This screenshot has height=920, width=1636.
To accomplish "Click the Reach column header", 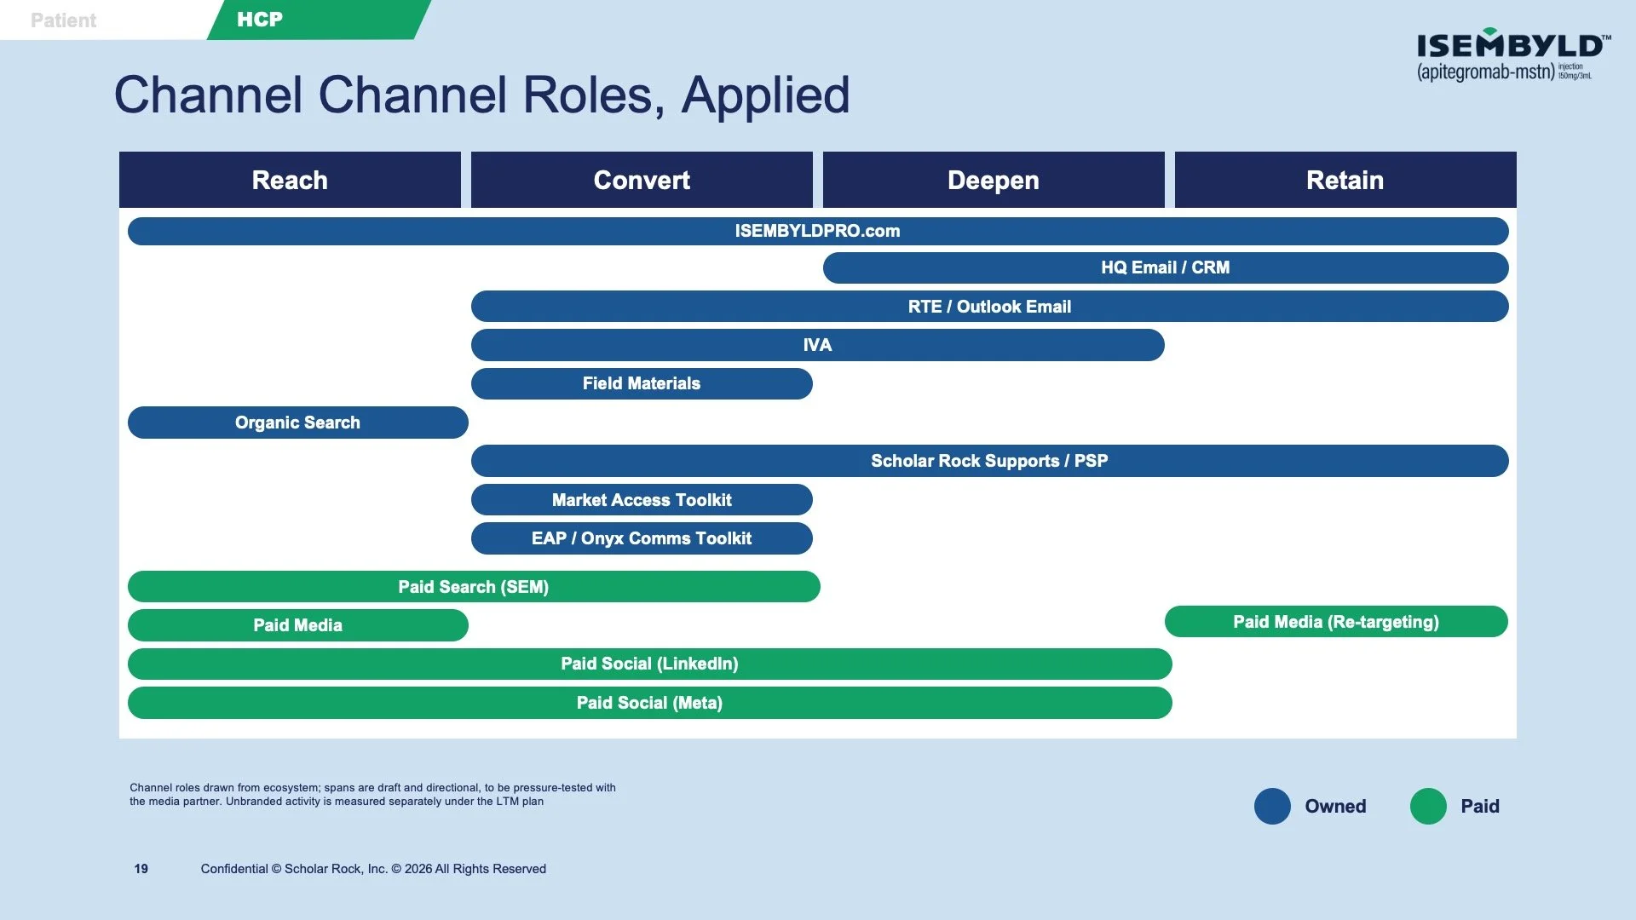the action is (x=290, y=180).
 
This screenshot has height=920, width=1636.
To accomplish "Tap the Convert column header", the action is (x=642, y=180).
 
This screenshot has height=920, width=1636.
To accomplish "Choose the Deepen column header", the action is (x=994, y=180).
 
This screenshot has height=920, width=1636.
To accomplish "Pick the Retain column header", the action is (x=1345, y=180).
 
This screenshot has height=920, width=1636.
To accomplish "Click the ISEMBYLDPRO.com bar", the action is (x=818, y=231).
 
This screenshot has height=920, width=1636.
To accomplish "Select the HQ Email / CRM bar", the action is (x=1166, y=267).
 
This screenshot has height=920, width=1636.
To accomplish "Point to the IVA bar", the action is (x=818, y=345).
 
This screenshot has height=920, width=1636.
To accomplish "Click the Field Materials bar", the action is (x=642, y=383).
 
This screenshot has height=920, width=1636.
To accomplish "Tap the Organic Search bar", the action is (x=298, y=423).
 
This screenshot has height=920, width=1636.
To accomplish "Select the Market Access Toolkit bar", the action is (x=642, y=500).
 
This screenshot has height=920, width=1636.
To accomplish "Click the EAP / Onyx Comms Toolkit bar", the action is (x=642, y=538).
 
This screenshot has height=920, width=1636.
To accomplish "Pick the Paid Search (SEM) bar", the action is (x=474, y=587).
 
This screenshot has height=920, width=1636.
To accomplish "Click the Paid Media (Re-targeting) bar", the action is (x=1336, y=622).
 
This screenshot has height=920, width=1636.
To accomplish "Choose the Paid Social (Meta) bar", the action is (x=650, y=703).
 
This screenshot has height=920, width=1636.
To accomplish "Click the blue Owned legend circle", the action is (x=1272, y=806).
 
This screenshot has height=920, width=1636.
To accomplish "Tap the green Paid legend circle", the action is (x=1428, y=806).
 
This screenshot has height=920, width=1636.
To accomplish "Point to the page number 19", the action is (x=141, y=869).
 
